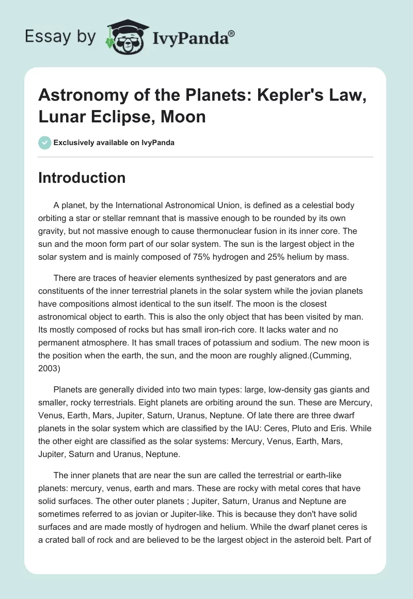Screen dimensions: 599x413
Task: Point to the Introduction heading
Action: coord(82,178)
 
